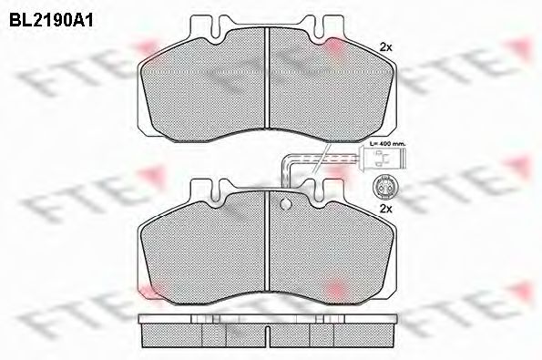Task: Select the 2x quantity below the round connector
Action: (384, 210)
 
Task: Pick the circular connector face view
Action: (383, 189)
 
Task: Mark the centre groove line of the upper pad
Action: (266, 77)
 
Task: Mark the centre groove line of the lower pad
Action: (266, 246)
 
